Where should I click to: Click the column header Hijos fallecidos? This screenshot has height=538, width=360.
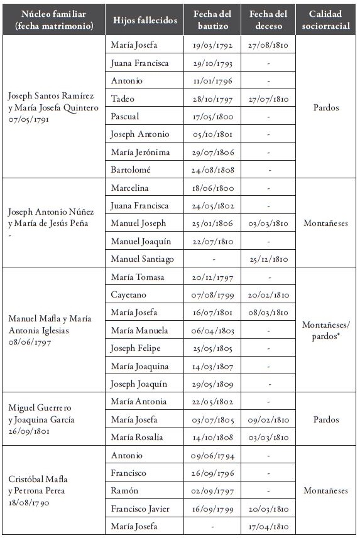[x=145, y=20]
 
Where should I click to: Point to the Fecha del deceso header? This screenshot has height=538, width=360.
[x=268, y=20]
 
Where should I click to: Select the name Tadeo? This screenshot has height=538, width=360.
[x=123, y=99]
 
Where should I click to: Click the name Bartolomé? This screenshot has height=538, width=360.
[x=131, y=169]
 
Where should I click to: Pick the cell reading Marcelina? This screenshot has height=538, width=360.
[x=131, y=188]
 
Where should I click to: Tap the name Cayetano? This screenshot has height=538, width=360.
[x=129, y=294]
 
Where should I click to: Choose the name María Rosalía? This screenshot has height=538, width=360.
[x=136, y=437]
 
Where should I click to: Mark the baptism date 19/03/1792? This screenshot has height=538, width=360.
[x=212, y=45]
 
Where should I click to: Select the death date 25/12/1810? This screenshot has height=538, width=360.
[x=268, y=259]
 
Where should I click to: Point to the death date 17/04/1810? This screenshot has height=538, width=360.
[x=268, y=526]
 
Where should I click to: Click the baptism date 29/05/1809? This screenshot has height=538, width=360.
[x=212, y=384]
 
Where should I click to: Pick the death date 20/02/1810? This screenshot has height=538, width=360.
[x=268, y=294]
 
